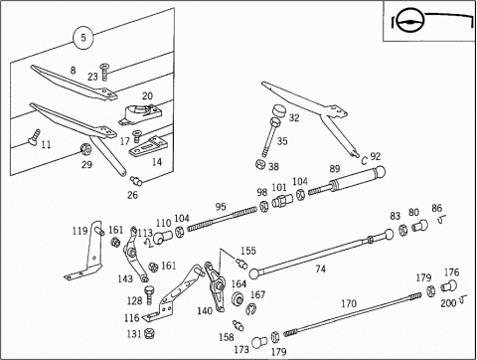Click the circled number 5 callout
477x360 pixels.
pyautogui.click(x=83, y=37)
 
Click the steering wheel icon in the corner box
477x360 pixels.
pyautogui.click(x=410, y=21)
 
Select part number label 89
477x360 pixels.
pyautogui.click(x=335, y=169)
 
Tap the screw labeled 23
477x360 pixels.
pyautogui.click(x=104, y=72)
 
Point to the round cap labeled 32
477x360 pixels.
pyautogui.click(x=279, y=111)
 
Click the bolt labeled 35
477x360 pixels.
pyautogui.click(x=270, y=137)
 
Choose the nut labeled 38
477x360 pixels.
pyautogui.click(x=261, y=164)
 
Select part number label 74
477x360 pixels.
pyautogui.click(x=320, y=269)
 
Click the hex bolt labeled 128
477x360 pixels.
pyautogui.click(x=149, y=294)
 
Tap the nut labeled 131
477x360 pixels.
pyautogui.click(x=149, y=333)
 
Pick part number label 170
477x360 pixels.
pyautogui.click(x=349, y=303)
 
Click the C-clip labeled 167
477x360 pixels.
pyautogui.click(x=250, y=308)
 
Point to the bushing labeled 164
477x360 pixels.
pyautogui.click(x=238, y=298)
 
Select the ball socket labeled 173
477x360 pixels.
pyautogui.click(x=259, y=342)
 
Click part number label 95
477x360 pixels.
pyautogui.click(x=221, y=207)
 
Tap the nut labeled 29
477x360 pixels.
pyautogui.click(x=85, y=149)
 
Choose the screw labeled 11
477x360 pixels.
pyautogui.click(x=33, y=137)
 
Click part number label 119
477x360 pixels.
pyautogui.click(x=79, y=231)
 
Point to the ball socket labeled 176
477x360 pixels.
pyautogui.click(x=449, y=285)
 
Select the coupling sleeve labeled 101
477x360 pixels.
pyautogui.click(x=282, y=200)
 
